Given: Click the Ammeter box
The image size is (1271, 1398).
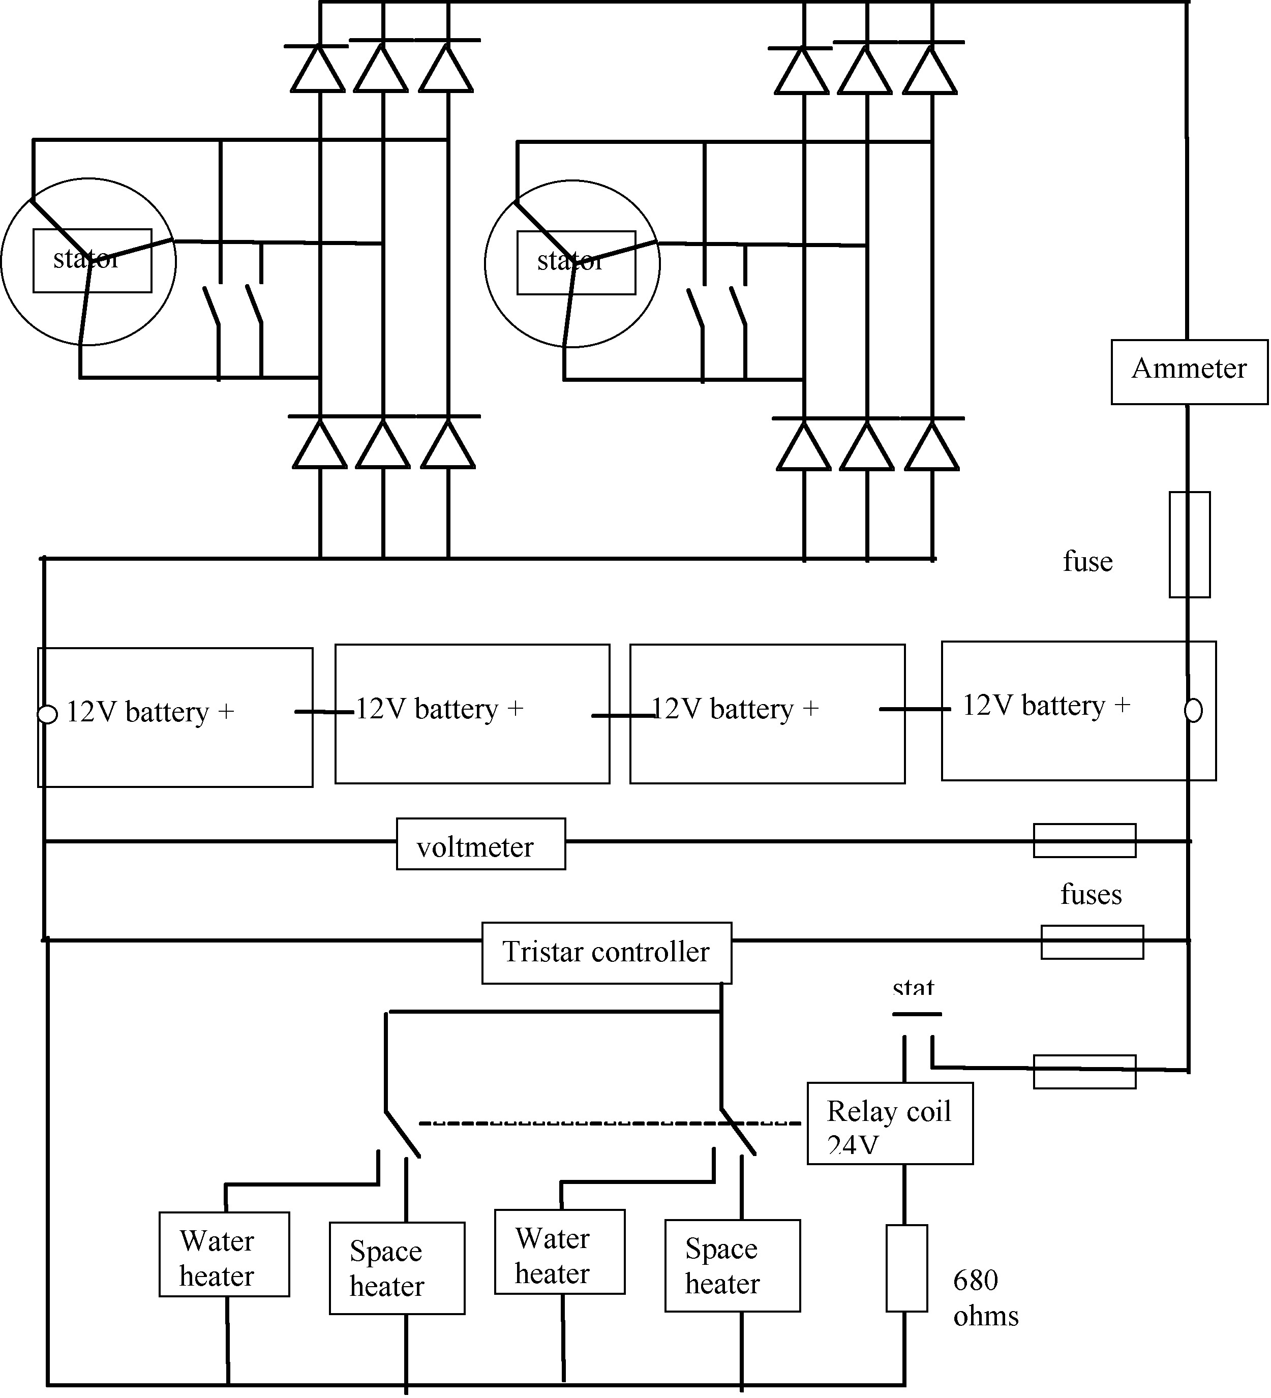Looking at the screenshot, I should coord(1189,372).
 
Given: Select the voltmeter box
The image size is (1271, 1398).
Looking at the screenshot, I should coord(480,844).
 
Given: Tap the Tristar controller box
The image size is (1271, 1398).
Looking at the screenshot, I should coord(606,952).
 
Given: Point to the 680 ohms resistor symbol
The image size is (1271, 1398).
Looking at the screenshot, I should coord(906,1268).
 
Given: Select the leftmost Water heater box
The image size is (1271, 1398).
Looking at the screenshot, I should coord(224,1254).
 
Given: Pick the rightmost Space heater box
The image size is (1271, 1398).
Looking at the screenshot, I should coord(732,1265).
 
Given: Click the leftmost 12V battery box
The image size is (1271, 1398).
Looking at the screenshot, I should coord(175,717).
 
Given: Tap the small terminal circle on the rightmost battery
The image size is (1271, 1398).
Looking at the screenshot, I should coord(1193,711).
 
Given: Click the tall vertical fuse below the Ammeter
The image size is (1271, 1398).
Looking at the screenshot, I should coord(1189,545).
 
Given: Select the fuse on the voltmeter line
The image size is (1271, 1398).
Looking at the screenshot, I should coord(1084,840).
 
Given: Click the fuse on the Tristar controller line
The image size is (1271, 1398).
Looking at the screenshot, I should coord(1092,941).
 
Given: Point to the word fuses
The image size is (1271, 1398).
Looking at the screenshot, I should coord(1090,895).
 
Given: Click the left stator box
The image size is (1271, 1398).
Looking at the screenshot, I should coord(92,260).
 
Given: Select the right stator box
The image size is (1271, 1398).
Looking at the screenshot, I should coord(576,262).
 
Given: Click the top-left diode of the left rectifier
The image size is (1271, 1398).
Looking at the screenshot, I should coord(318,69).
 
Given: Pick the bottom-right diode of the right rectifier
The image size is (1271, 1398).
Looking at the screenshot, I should coord(931,446).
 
